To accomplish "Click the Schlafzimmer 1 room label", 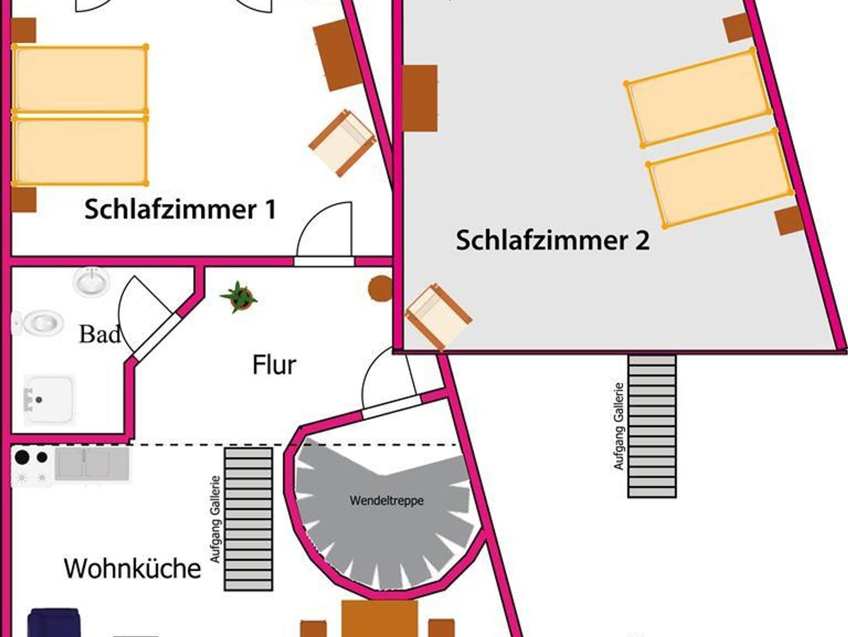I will tap(180, 209).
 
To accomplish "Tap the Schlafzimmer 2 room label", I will tap(552, 240).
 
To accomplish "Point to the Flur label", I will tap(274, 365).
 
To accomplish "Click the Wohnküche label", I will tap(132, 568).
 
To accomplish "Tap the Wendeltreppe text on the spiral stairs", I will tap(387, 500).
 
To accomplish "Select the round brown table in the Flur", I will tap(381, 288).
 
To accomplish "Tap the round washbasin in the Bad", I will tap(92, 282).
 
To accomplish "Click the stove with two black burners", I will tap(32, 466).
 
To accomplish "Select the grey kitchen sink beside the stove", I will tap(92, 464).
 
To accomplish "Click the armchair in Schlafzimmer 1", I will tap(342, 143).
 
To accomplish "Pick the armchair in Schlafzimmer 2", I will tap(438, 316).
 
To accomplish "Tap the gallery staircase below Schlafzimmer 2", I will tap(652, 426).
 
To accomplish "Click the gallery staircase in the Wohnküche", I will tap(248, 519).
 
